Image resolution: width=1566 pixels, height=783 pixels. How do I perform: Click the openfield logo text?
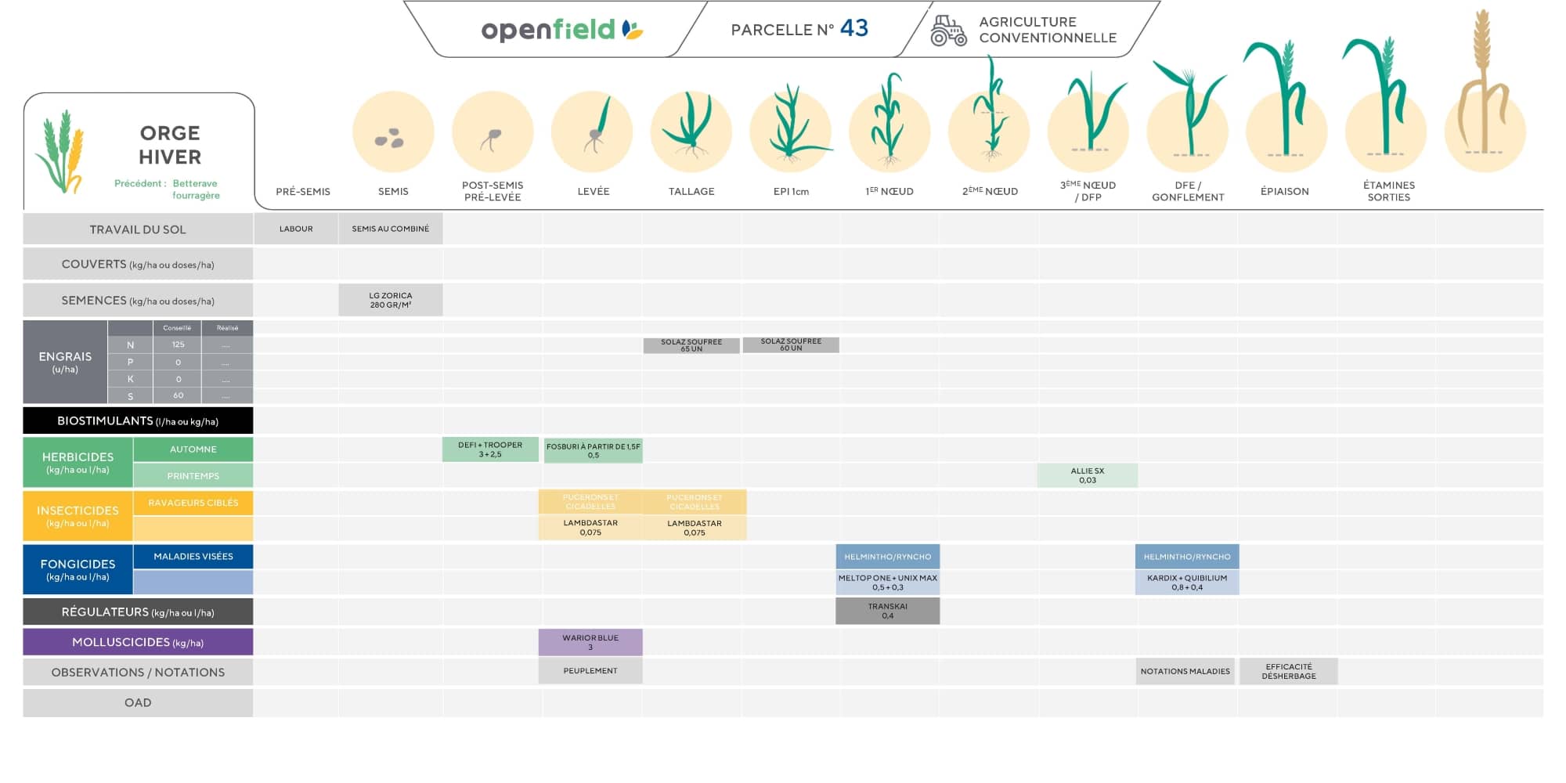tap(548, 30)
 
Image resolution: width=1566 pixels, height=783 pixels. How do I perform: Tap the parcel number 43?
tap(853, 28)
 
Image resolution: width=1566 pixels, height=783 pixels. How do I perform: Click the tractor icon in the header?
tap(948, 31)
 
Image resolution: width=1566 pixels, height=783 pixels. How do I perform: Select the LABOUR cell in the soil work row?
tap(296, 229)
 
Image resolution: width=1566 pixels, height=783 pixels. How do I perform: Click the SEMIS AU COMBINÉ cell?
tap(390, 229)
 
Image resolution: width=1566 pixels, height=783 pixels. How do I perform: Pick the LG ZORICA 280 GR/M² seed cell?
tap(390, 300)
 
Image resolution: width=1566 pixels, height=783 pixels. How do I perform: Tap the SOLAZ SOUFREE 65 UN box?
tap(691, 345)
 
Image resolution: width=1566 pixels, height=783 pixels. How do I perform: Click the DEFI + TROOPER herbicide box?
tap(490, 449)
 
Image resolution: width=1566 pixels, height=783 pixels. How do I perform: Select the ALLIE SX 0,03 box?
tap(1087, 475)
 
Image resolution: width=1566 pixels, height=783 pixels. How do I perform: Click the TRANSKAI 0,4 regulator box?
tap(887, 611)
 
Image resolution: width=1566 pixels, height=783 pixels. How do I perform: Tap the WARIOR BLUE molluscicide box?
tap(590, 642)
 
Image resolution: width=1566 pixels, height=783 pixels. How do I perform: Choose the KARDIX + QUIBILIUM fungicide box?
tap(1186, 583)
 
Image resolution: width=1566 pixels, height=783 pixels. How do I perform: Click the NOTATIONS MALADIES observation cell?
tap(1185, 671)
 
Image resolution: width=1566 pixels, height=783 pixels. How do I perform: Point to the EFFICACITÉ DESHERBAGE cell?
tap(1288, 671)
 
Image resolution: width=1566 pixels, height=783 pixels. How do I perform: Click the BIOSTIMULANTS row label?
tap(138, 420)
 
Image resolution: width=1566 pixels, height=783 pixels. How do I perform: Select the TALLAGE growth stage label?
tap(691, 191)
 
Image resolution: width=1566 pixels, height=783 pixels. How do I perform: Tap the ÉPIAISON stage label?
tap(1284, 191)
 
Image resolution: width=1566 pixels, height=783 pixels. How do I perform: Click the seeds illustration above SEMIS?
tap(390, 139)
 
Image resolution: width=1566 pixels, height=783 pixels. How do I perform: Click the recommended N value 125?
tap(178, 345)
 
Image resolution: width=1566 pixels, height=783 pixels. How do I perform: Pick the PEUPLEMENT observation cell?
tap(590, 671)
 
